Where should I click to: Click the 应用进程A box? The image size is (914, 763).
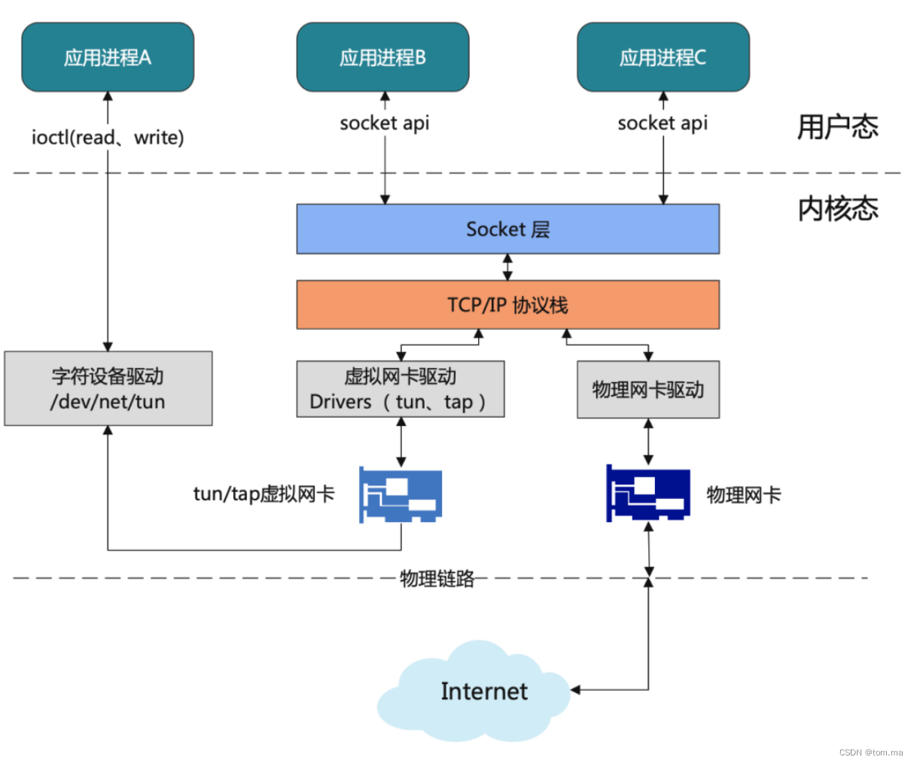coord(108,57)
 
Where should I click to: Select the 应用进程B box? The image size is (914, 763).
coord(382,57)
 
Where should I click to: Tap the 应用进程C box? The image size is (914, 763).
coord(663,57)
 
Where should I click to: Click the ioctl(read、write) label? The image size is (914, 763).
coord(108,138)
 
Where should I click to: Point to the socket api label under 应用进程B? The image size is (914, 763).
coord(384,123)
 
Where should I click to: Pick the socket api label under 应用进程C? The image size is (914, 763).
coord(663,123)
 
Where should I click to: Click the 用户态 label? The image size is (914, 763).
coord(837,126)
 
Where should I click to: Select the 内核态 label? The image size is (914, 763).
coord(837,208)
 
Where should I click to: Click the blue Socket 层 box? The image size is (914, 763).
coord(507,229)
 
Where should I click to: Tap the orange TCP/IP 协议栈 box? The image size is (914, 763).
coord(507,305)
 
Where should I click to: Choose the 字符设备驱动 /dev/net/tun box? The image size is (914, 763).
coord(108,388)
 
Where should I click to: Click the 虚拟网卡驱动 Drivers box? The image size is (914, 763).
coord(400,389)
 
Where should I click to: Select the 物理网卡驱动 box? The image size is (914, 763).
coord(647,389)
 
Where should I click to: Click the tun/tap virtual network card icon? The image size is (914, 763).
coord(400,494)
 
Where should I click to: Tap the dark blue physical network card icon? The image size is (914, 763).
coord(647,493)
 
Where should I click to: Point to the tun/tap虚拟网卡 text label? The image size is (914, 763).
coord(264,494)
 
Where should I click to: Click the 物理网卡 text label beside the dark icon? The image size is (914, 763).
coord(743,494)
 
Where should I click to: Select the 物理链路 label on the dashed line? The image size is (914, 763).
coord(437,578)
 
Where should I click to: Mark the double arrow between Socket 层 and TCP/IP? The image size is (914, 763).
coord(507,267)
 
